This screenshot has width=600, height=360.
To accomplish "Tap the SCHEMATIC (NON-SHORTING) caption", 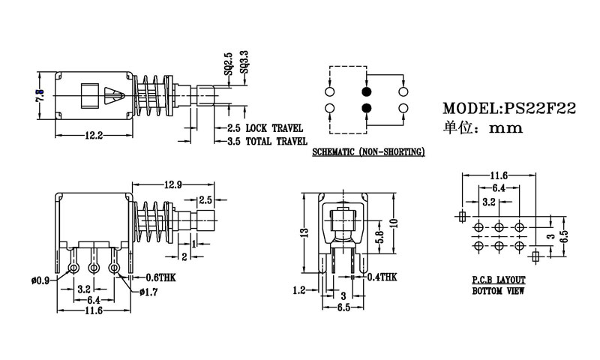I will [367, 152].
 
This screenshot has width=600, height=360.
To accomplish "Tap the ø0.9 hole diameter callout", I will [40, 280].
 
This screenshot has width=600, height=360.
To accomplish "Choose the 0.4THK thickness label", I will [382, 277].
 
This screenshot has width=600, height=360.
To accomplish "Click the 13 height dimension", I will [303, 232].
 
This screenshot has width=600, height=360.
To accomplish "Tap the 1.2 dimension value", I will [298, 289].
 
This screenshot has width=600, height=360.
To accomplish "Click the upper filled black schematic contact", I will [367, 91].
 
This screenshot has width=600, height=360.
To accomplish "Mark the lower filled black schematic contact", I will [367, 109].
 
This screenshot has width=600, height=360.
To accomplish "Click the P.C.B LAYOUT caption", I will [499, 279].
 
